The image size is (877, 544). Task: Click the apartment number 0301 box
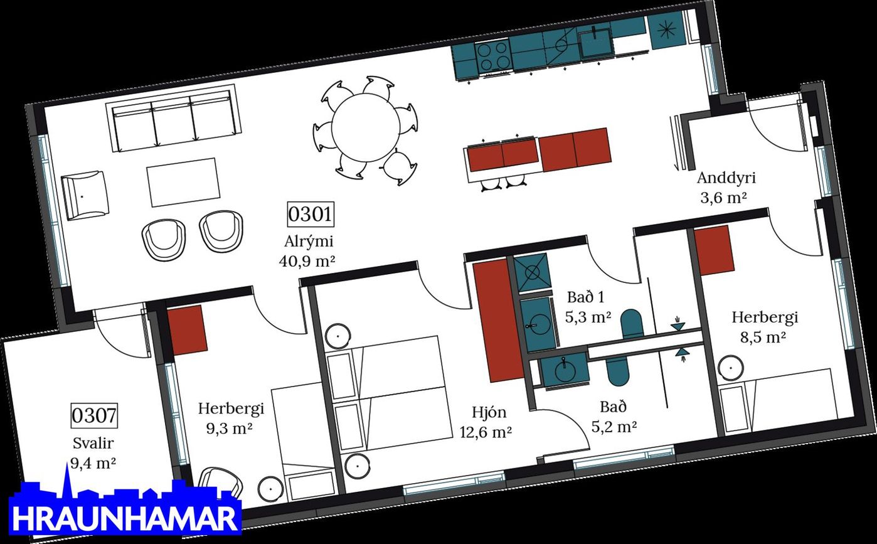[x=310, y=214]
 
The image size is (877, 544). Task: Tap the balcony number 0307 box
[x=94, y=415]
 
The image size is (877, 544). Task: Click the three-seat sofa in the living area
[x=174, y=119]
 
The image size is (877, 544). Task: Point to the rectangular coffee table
[x=183, y=181]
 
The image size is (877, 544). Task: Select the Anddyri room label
[x=726, y=178]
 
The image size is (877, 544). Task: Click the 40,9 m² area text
[x=307, y=259]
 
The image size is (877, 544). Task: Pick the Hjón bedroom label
[x=489, y=412]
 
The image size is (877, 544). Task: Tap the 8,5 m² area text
[x=763, y=337]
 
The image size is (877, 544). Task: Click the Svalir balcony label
[x=93, y=444]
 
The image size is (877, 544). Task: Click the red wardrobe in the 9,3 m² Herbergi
[x=187, y=329]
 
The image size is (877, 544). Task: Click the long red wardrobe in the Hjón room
[x=497, y=320]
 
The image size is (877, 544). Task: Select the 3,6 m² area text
[x=723, y=198]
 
